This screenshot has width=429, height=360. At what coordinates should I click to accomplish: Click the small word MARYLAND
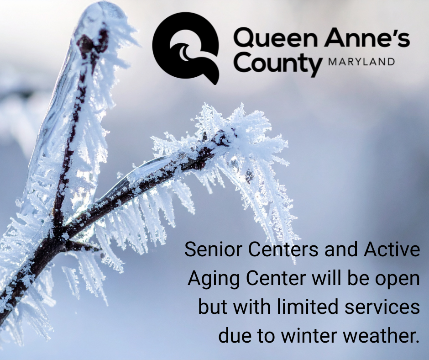point(361,62)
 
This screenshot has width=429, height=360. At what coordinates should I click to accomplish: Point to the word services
point(387,307)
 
